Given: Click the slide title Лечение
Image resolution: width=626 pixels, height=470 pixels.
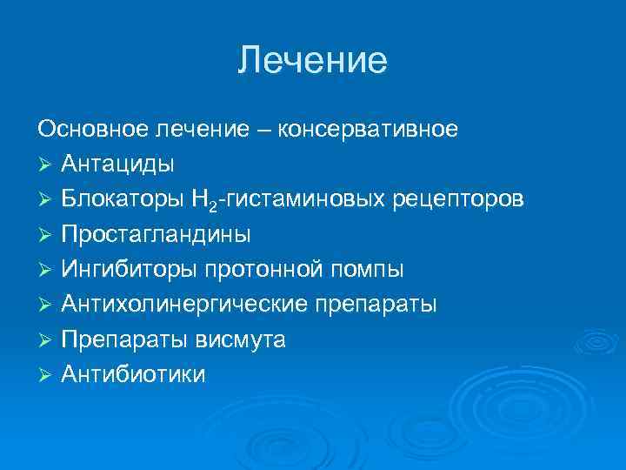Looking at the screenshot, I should tap(312, 60).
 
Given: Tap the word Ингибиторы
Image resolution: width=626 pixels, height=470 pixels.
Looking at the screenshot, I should tap(130, 269).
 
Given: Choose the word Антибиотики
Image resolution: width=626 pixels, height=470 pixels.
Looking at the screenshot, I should tap(134, 374).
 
